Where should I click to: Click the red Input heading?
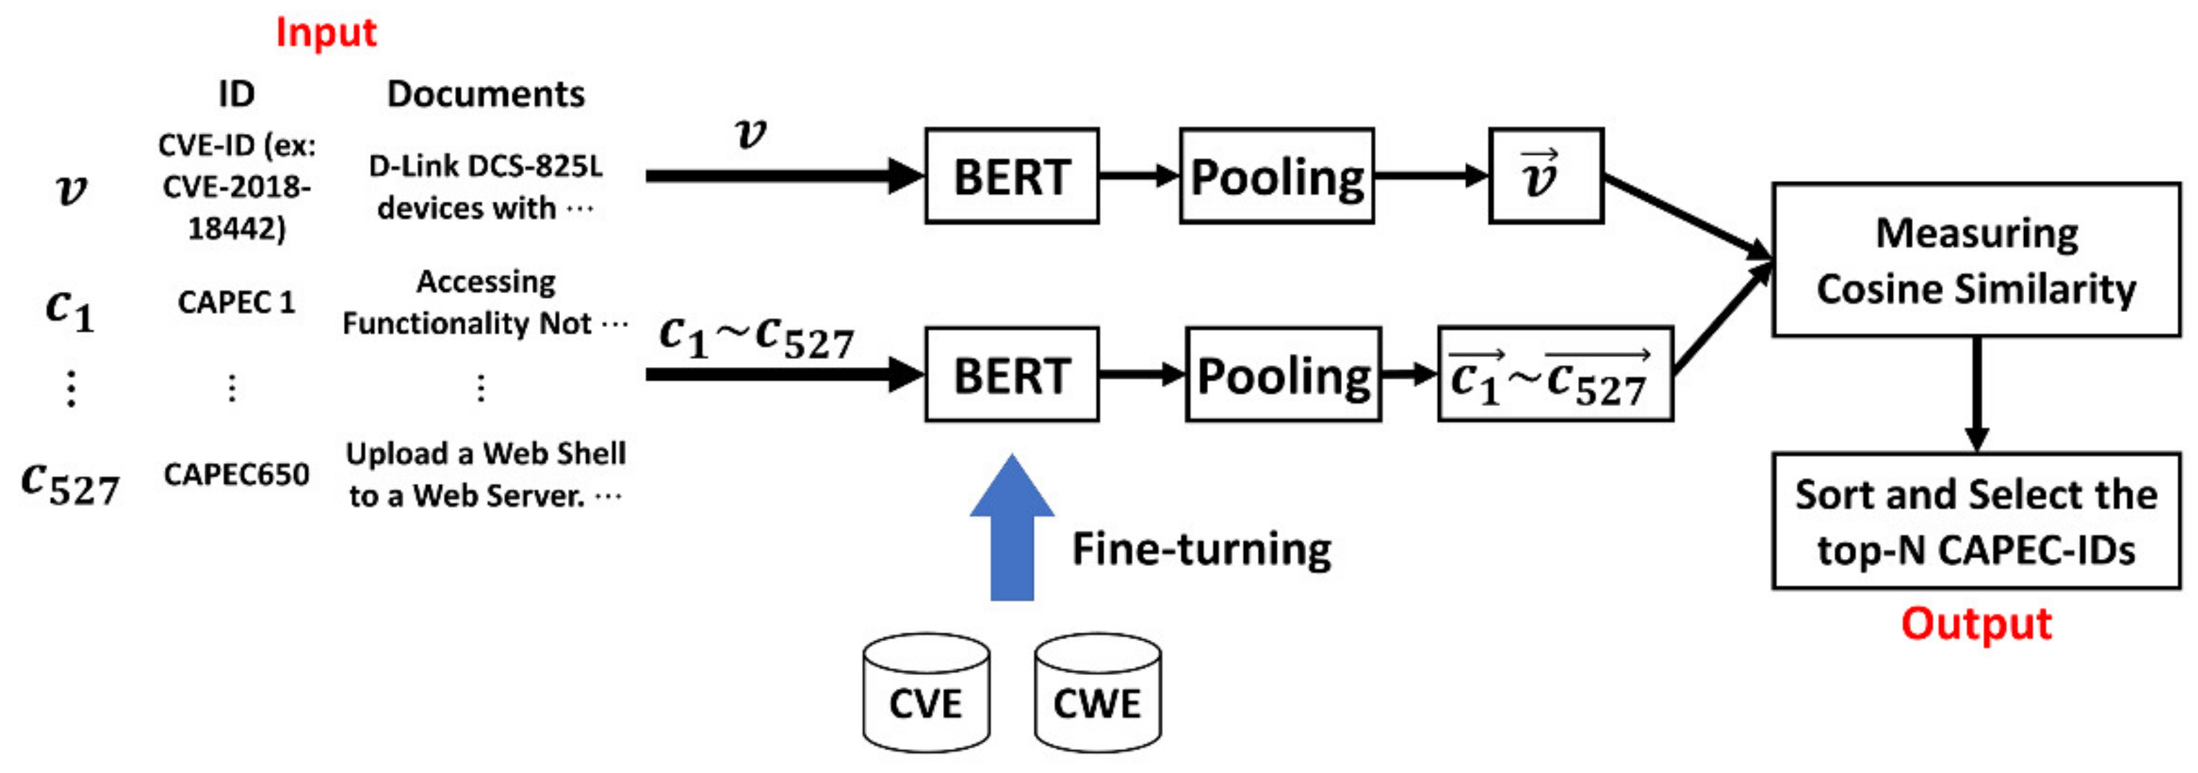click(x=325, y=32)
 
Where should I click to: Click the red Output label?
click(x=1976, y=624)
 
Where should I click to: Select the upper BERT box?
click(x=1011, y=177)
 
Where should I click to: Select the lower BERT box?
click(x=1011, y=375)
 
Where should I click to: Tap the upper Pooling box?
click(x=1276, y=177)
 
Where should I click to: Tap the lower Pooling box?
click(x=1283, y=375)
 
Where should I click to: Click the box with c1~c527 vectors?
click(x=1555, y=375)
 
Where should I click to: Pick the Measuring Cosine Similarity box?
click(x=1976, y=260)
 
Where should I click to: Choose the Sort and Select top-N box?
click(x=1976, y=521)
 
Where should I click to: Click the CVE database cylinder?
click(x=926, y=694)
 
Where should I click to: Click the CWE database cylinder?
click(x=1098, y=694)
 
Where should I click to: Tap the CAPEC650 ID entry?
click(x=236, y=474)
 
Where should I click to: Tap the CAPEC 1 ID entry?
click(x=236, y=302)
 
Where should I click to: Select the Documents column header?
click(x=485, y=94)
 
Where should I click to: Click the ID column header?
click(x=236, y=94)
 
